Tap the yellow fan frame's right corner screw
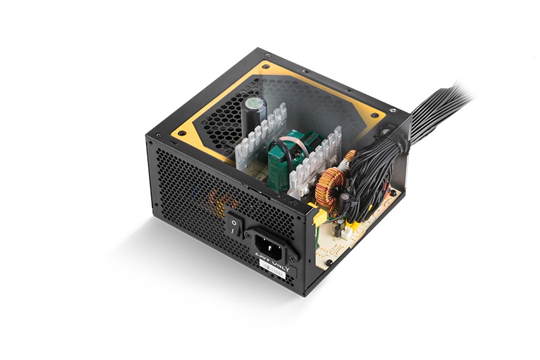[x=373, y=116]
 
